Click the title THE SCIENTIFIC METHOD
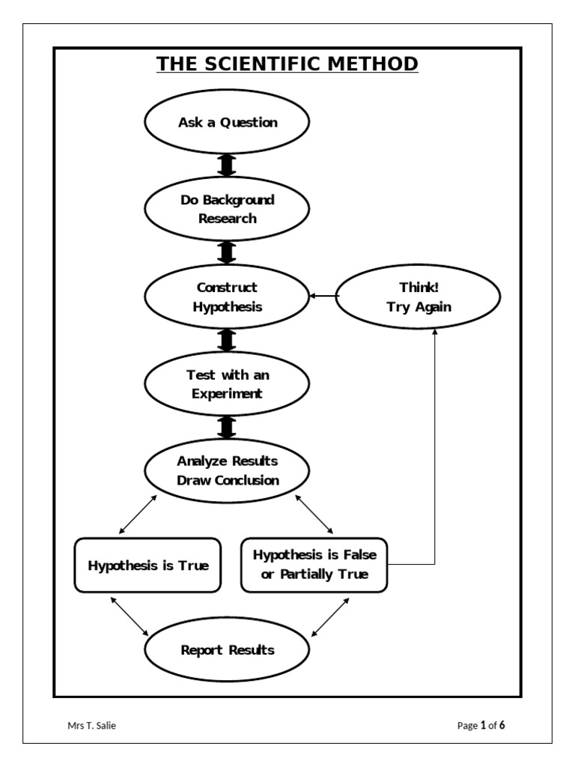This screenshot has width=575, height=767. click(x=287, y=64)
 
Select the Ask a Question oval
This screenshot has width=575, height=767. click(x=227, y=122)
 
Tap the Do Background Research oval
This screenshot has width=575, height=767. click(x=227, y=209)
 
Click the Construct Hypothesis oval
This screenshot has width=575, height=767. click(x=227, y=297)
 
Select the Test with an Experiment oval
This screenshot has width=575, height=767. click(x=227, y=384)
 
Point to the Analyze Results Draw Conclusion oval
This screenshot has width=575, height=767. click(x=227, y=471)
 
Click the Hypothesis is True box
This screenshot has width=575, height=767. click(x=148, y=565)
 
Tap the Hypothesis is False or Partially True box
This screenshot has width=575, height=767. click(x=314, y=565)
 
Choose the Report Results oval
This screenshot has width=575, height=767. click(x=227, y=650)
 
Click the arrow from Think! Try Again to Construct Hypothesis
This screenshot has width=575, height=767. click(x=323, y=297)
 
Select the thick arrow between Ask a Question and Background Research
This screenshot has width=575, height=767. click(x=227, y=166)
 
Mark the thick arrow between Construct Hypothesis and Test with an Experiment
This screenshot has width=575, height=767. click(x=227, y=340)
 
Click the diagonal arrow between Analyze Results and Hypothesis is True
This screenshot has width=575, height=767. click(x=139, y=514)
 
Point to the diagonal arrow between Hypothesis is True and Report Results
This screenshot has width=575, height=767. click(x=133, y=615)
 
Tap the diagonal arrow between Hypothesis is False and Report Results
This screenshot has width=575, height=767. click(x=329, y=616)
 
